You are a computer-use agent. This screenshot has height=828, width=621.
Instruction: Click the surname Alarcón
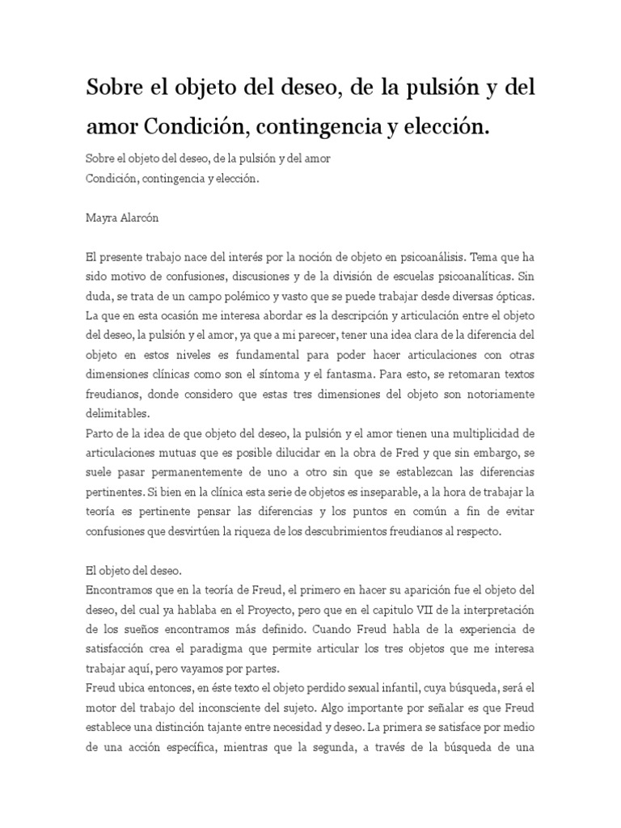(x=143, y=218)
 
